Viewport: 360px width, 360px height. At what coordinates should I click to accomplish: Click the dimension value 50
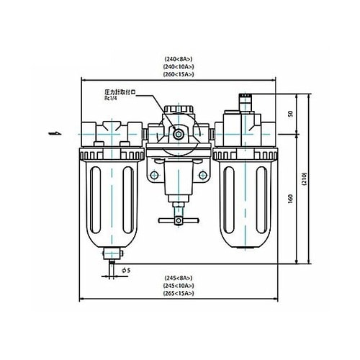pos(290,114)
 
